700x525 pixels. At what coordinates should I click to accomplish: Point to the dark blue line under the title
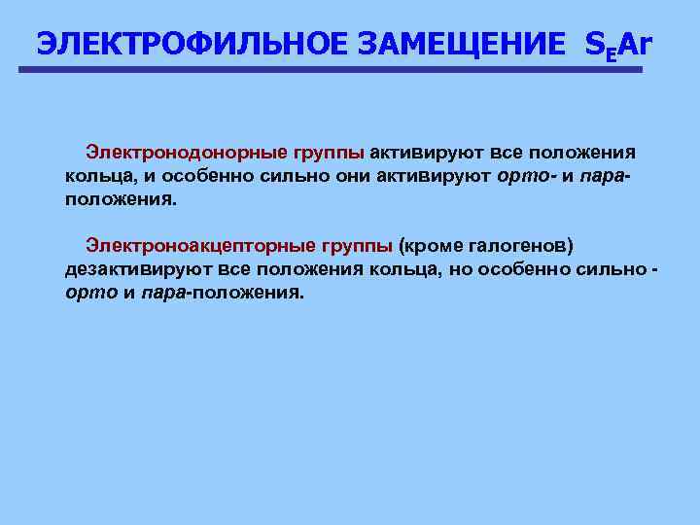point(331,69)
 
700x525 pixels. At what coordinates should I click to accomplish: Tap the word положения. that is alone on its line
point(122,199)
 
